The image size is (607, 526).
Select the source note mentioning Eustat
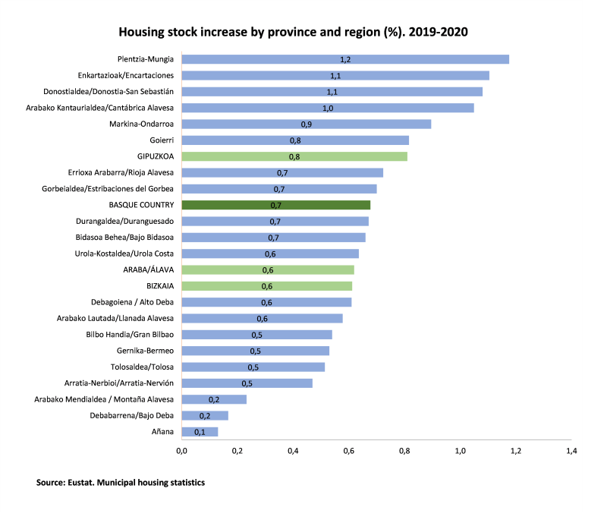pos(120,482)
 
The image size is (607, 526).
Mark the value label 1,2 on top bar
pos(345,59)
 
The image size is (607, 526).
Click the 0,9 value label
pos(307,124)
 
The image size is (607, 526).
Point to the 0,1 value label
pos(200,432)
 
